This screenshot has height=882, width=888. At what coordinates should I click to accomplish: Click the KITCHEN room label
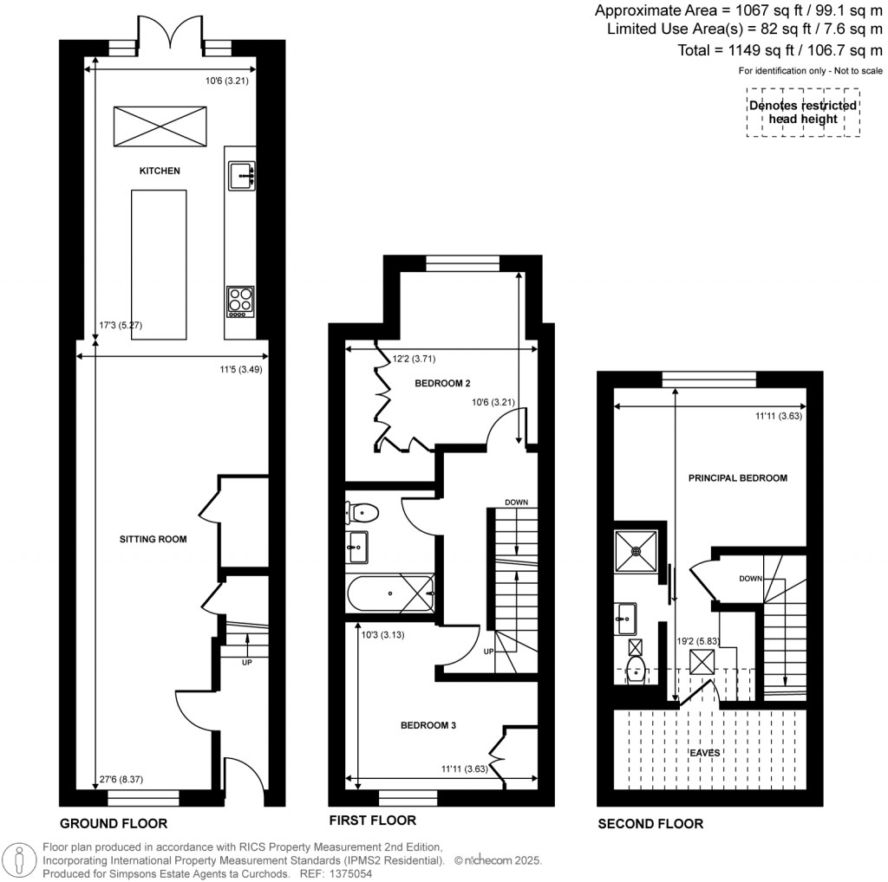(x=160, y=171)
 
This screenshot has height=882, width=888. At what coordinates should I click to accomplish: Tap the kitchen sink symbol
(x=241, y=175)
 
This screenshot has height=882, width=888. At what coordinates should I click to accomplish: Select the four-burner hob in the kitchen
(x=241, y=300)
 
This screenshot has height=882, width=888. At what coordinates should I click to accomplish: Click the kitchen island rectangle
(x=158, y=264)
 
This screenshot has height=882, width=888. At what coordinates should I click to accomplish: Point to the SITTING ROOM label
(x=153, y=539)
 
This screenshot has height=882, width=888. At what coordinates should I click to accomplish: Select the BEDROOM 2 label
(x=442, y=383)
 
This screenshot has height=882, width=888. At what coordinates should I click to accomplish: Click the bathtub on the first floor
(x=389, y=594)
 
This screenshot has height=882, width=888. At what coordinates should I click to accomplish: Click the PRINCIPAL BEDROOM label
(x=737, y=477)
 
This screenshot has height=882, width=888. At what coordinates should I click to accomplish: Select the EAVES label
(x=705, y=753)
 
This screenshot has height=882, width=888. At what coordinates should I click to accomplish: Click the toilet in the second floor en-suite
(x=636, y=669)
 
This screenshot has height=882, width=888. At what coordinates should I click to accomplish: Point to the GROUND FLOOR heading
(x=113, y=823)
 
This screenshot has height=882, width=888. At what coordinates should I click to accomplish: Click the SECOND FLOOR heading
(x=650, y=823)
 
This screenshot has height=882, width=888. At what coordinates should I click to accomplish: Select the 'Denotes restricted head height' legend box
(x=803, y=112)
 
